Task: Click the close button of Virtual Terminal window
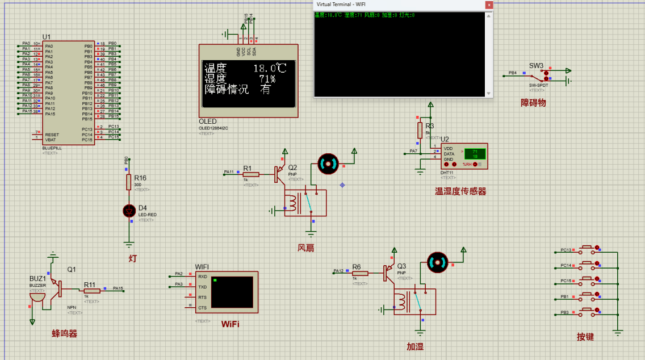pos(488,5)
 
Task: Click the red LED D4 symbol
pos(129,211)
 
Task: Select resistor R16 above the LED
pos(129,182)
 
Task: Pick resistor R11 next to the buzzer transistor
pos(91,291)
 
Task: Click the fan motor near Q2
pos(327,163)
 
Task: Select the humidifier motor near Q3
pos(437,262)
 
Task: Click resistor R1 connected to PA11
pos(250,174)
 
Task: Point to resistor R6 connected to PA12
pos(359,273)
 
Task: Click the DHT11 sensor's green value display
pos(475,153)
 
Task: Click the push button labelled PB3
pos(587,312)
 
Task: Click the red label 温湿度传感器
pos(460,192)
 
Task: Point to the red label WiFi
pos(230,324)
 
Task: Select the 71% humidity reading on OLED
pos(267,79)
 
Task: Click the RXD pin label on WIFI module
pos(202,277)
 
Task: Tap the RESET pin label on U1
pos(52,135)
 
